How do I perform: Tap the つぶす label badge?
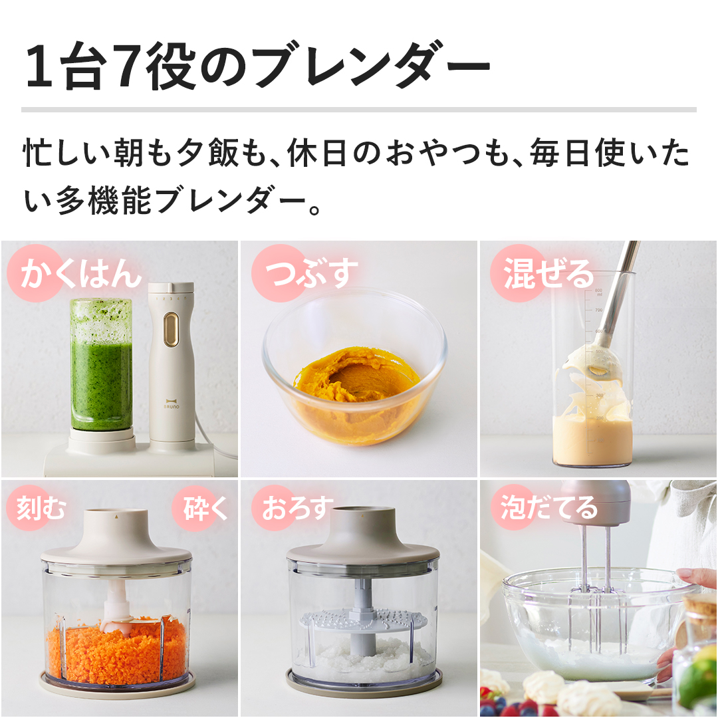pyautogui.click(x=305, y=273)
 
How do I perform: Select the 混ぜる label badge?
pyautogui.click(x=542, y=273)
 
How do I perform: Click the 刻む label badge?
pyautogui.click(x=37, y=508)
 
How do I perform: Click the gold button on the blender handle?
pyautogui.click(x=172, y=330)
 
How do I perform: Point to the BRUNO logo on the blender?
pyautogui.click(x=172, y=404)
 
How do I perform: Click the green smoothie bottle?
pyautogui.click(x=101, y=365)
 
